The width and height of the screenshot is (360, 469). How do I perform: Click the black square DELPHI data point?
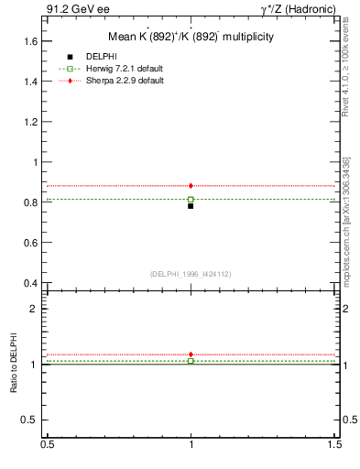point(191,206)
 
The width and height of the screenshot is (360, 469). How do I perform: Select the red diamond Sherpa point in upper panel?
point(191,186)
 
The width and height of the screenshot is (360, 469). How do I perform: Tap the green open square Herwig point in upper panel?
point(191,199)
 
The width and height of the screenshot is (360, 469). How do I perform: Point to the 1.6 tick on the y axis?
point(33,41)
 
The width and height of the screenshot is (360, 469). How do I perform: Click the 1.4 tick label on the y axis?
point(33,82)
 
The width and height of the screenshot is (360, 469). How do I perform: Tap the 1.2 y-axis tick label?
point(33,122)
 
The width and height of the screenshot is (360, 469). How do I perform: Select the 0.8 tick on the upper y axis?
point(33,202)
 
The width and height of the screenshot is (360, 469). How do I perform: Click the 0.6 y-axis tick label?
point(33,243)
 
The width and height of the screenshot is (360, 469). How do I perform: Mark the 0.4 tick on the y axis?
point(33,283)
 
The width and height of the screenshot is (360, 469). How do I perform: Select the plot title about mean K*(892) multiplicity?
point(191,37)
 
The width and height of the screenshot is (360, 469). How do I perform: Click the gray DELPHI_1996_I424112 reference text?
point(191,274)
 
